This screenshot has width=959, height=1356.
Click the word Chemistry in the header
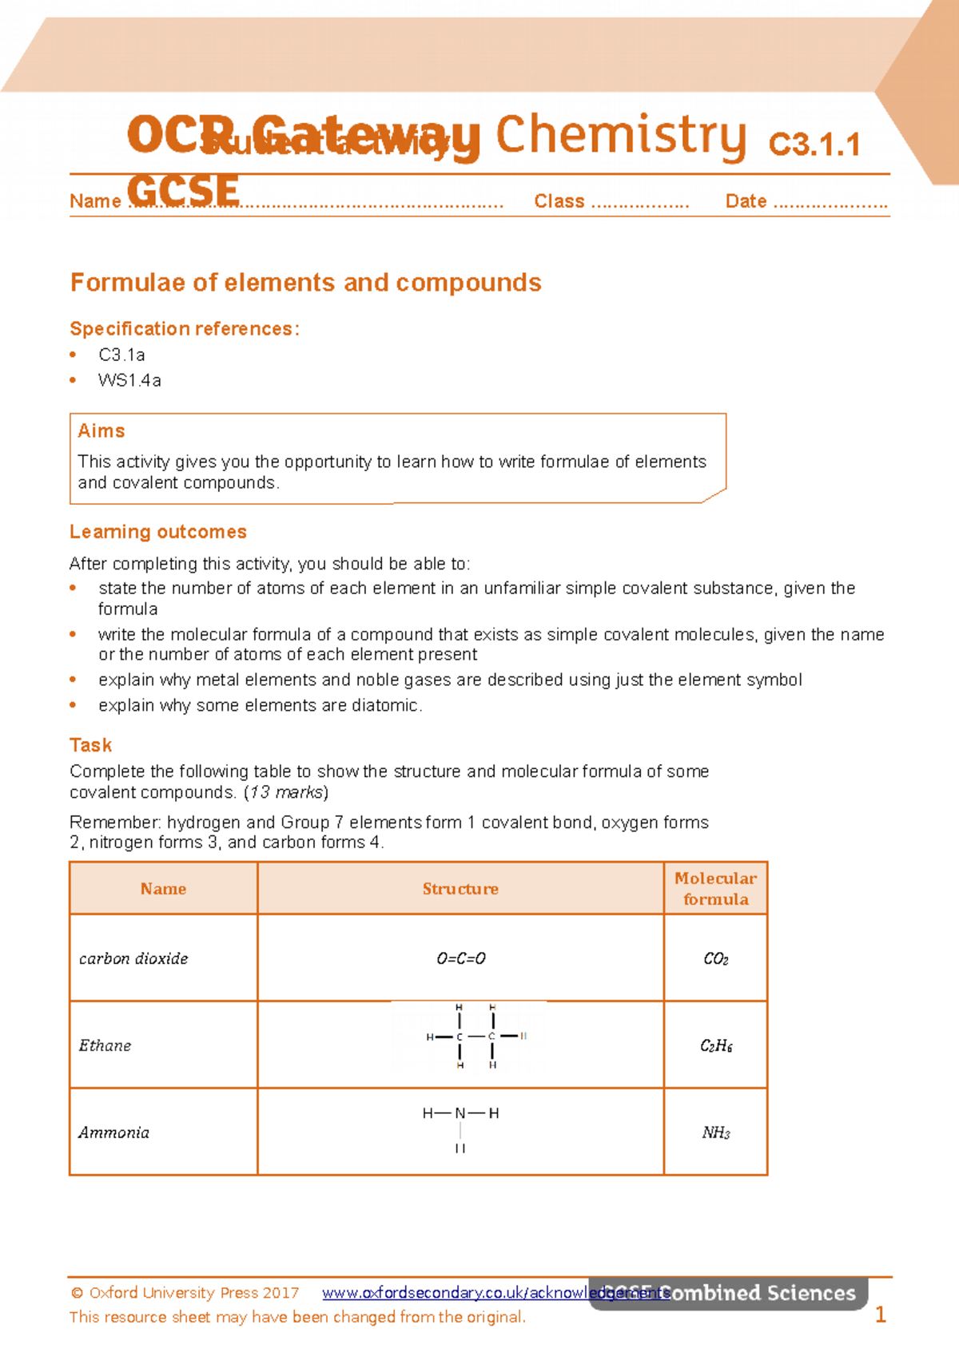click(x=621, y=136)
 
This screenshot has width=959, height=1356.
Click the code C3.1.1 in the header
click(x=814, y=145)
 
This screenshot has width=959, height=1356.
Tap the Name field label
click(x=94, y=201)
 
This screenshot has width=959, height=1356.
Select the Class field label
click(x=559, y=201)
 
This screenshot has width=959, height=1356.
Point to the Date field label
click(x=746, y=201)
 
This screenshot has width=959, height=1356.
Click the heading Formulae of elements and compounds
click(x=305, y=283)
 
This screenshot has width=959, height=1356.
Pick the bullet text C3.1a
click(x=121, y=355)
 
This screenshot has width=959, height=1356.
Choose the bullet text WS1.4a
click(x=129, y=380)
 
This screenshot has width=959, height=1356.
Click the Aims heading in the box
click(x=101, y=431)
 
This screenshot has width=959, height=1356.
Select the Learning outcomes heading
click(x=158, y=532)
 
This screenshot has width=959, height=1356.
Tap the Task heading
click(x=90, y=745)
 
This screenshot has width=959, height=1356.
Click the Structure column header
click(x=460, y=889)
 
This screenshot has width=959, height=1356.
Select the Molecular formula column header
click(x=715, y=889)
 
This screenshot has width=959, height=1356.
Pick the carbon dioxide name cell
click(x=133, y=958)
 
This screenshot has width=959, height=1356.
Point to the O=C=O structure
click(x=461, y=958)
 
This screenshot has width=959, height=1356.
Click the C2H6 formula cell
click(x=716, y=1046)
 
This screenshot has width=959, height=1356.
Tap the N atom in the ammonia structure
click(x=460, y=1113)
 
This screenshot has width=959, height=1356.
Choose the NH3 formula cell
click(x=716, y=1132)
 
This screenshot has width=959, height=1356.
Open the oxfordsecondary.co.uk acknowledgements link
click(x=495, y=1293)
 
